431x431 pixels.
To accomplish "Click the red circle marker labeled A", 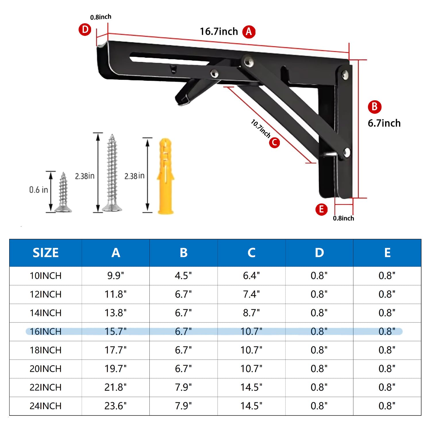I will point(249,32).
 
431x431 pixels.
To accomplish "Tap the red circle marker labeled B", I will point(374,107).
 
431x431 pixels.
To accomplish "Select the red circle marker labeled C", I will point(274,142).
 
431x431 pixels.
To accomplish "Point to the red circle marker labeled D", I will point(85,30).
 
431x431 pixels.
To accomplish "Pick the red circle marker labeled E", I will point(321,209).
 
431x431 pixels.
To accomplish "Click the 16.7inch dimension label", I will point(219,32).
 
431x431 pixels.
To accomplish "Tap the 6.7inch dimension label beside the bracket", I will point(384,123).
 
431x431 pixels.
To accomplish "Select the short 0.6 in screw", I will point(63,193).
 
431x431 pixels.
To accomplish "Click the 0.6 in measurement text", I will point(39,190).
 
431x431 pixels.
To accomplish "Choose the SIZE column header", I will point(45,253).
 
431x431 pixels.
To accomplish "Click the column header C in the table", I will point(251,253).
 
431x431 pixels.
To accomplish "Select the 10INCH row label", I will point(45,276).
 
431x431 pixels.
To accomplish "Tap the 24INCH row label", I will point(45,406).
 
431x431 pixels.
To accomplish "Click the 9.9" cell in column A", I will point(116,276).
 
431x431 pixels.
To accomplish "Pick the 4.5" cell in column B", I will point(183,276).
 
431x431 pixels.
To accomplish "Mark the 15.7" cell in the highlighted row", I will point(116,332).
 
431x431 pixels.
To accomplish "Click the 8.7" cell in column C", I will point(251,313).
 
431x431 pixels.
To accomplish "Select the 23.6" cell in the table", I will point(116,406).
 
